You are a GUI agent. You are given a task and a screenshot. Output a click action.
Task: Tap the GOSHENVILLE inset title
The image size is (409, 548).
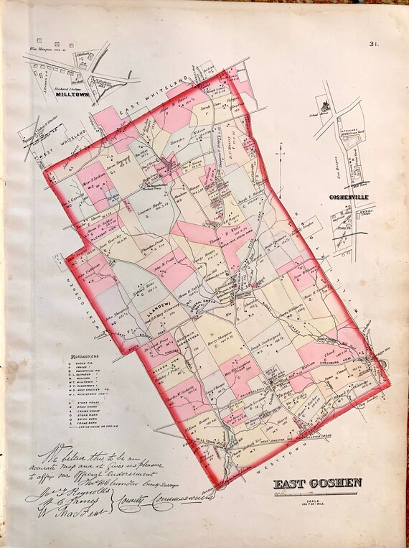(347, 196)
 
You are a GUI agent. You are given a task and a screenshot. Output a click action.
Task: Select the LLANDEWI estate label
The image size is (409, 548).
(157, 306)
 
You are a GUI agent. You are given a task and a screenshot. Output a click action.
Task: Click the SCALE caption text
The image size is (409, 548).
(316, 496)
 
